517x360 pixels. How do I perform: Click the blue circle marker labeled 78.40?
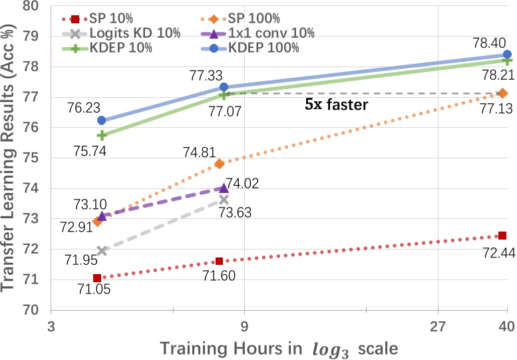tap(507, 55)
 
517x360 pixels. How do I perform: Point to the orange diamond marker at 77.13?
tap(503, 93)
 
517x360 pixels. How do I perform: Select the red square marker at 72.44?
tap(502, 236)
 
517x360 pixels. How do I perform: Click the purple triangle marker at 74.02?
tap(224, 188)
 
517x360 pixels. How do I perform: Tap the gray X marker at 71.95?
tap(102, 251)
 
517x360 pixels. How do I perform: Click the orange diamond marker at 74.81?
tap(220, 164)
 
